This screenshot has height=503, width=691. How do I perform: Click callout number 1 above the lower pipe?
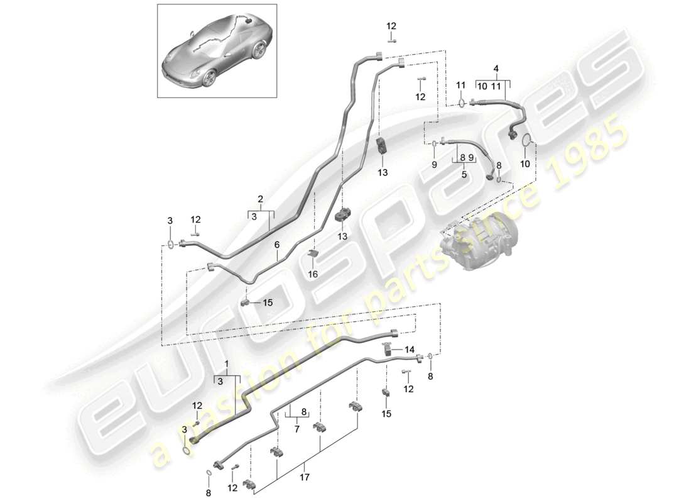pyautogui.click(x=227, y=364)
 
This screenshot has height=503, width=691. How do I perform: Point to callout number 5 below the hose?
pyautogui.click(x=464, y=175)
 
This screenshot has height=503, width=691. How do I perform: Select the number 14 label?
pyautogui.click(x=409, y=349)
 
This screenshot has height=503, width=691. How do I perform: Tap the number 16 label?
pyautogui.click(x=312, y=275)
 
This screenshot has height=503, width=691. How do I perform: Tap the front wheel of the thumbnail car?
pyautogui.click(x=209, y=78)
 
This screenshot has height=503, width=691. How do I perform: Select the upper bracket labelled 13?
pyautogui.click(x=383, y=148)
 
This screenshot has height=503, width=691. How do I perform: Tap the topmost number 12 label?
pyautogui.click(x=391, y=26)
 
